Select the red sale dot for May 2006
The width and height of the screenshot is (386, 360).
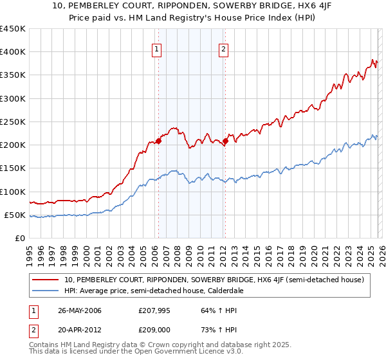158,141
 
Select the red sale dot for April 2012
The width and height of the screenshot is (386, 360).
225,141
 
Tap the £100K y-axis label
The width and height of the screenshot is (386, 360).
13,192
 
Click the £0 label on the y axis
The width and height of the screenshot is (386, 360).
19,238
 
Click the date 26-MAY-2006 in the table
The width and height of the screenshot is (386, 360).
80,310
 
